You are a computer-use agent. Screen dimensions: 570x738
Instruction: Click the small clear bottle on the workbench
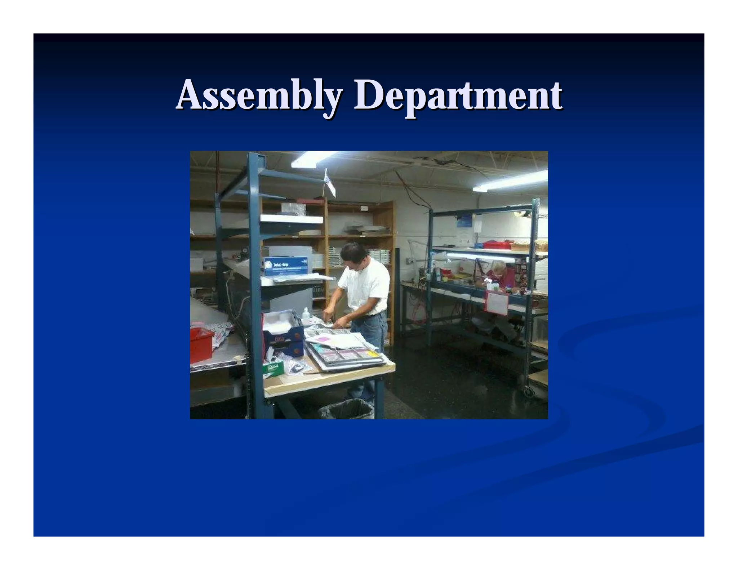(x=306, y=316)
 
